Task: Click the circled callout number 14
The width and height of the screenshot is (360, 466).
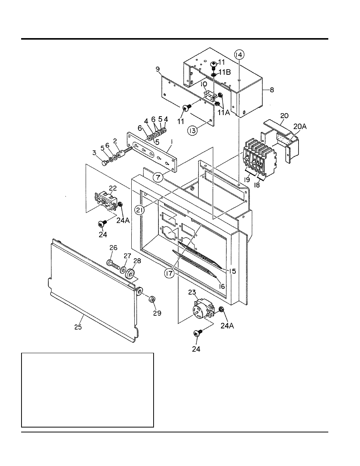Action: pos(239,55)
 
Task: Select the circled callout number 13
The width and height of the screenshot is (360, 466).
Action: pos(193,131)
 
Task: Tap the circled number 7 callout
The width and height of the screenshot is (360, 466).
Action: pos(158,178)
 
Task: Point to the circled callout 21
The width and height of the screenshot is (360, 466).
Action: pos(140,210)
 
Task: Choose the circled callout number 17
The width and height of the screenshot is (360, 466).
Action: pos(169,274)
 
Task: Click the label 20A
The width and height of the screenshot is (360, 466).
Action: pos(300,127)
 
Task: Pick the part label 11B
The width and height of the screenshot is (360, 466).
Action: pos(225,72)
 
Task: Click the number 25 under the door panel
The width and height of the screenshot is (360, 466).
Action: pos(78,327)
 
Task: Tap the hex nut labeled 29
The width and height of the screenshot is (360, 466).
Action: pos(152,299)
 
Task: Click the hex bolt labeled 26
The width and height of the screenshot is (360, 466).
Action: pos(112,264)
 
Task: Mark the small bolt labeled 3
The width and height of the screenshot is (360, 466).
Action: pos(105,163)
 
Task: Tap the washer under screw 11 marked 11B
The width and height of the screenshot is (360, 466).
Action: pos(214,75)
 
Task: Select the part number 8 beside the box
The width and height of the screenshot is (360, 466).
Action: pos(272,90)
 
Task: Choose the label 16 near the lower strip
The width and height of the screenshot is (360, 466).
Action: pos(222,286)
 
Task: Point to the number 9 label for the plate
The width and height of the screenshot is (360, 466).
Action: pos(158,69)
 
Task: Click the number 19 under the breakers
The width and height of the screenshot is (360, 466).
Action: pos(247,180)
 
